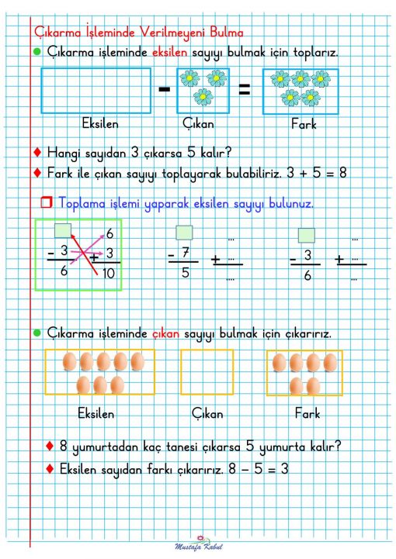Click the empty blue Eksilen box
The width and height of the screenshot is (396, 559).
pos(96,91)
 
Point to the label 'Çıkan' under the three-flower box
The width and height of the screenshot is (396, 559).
pos(198,124)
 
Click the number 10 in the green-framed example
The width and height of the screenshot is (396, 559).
pos(107,274)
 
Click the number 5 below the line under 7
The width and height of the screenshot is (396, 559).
pos(183,273)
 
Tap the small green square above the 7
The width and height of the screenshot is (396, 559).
pos(183,232)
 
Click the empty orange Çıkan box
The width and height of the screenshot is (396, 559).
pos(207,372)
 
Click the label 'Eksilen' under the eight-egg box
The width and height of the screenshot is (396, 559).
pos(97,413)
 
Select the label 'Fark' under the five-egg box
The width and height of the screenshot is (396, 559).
pos(307,413)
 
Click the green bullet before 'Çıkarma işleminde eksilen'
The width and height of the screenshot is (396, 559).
pos(37,52)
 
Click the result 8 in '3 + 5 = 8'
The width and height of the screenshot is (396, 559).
pos(342,172)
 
